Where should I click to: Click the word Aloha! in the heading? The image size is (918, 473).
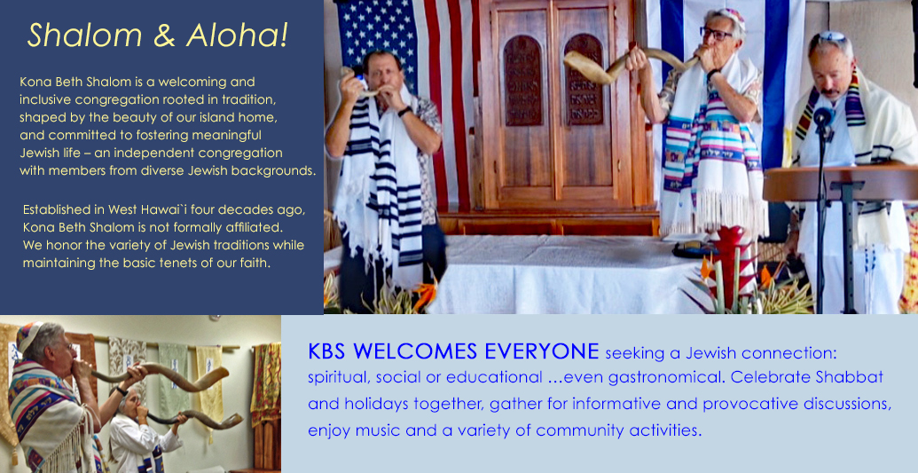(x=237, y=35)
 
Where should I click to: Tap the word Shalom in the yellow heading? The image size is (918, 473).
(x=85, y=35)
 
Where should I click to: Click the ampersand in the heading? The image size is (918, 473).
(x=164, y=35)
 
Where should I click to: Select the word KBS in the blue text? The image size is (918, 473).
(x=328, y=351)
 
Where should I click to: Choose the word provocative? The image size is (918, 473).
(x=748, y=405)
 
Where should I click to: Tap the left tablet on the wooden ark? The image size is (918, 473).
(x=522, y=80)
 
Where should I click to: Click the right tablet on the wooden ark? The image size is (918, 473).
(x=584, y=79)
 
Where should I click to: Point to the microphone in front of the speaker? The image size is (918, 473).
(x=822, y=117)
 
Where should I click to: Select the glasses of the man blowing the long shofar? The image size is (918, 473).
(x=716, y=34)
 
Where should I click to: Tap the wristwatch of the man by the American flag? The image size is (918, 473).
(x=404, y=111)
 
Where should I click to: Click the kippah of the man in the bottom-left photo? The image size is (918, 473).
(x=28, y=335)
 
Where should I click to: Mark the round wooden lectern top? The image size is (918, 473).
(x=841, y=182)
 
